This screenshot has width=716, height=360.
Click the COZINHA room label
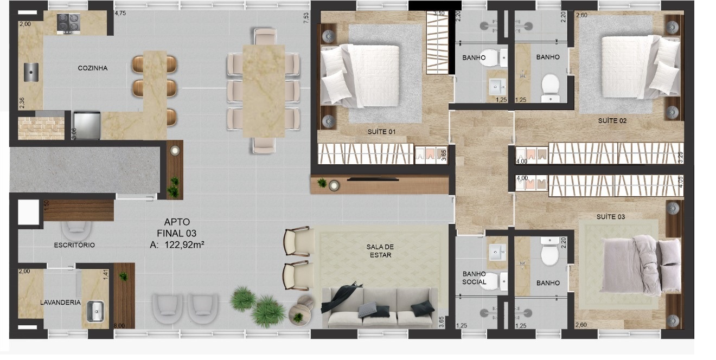(x=93, y=68)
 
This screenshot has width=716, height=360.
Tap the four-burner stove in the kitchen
(x=68, y=23)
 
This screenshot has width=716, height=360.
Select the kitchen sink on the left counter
(x=31, y=72)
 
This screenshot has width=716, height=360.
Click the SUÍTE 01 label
(x=382, y=132)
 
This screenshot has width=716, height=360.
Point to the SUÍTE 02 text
(x=612, y=121)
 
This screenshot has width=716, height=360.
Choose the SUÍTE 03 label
(x=611, y=217)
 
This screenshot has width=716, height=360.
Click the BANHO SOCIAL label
(x=474, y=278)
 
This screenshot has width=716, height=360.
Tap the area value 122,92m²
(x=184, y=245)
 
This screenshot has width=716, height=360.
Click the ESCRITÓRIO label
(x=74, y=245)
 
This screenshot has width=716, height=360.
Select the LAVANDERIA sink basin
(x=95, y=311)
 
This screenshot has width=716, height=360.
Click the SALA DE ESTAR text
(x=380, y=251)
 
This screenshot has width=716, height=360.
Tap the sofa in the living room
(x=380, y=308)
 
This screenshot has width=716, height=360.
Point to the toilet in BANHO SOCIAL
(x=495, y=281)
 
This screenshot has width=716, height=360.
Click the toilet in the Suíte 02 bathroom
(x=551, y=88)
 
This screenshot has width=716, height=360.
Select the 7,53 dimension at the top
(x=306, y=18)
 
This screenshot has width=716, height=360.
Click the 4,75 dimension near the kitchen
(x=120, y=14)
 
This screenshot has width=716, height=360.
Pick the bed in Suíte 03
(x=641, y=266)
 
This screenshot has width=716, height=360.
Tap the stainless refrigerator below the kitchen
(x=87, y=125)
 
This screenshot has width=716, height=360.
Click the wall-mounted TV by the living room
(x=373, y=179)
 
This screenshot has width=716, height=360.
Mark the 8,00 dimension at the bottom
(x=119, y=326)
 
